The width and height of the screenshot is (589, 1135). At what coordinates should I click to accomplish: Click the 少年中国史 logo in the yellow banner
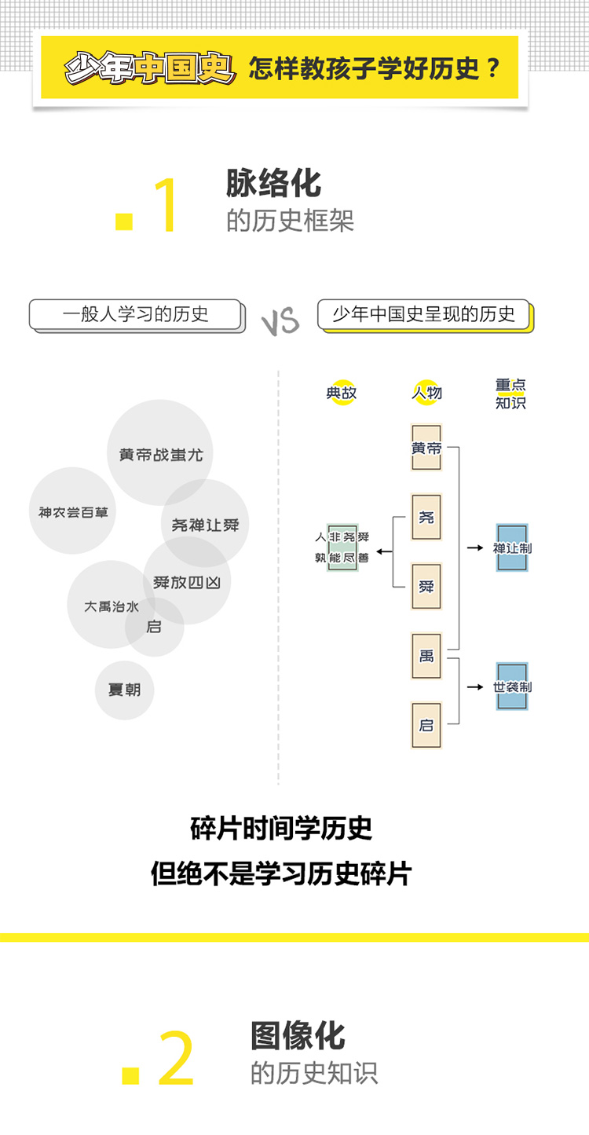pos(150,68)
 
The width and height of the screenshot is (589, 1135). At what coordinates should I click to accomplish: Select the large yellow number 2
pos(176,1058)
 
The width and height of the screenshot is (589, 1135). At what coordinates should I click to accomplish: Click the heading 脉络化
pos(273,183)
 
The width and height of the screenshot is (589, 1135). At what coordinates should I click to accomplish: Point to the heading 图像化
pos(298,1035)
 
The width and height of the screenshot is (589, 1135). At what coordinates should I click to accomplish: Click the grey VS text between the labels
pos(280,321)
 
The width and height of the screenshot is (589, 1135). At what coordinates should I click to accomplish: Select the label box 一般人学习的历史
pos(135,315)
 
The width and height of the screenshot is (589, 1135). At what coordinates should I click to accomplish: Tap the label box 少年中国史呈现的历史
pos(424,315)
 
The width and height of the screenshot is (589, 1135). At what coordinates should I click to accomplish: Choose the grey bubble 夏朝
pos(124,690)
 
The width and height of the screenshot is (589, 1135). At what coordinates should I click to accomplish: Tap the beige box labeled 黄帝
pos(426,448)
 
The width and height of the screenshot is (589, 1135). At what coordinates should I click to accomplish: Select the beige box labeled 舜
pos(426,586)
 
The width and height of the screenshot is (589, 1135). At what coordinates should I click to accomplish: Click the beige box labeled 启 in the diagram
pos(426,724)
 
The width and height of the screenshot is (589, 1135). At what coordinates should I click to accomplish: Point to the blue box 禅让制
pos(512,547)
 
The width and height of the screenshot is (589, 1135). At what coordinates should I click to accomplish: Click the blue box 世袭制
pos(512,686)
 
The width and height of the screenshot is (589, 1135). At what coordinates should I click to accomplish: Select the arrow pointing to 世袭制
pos(474,686)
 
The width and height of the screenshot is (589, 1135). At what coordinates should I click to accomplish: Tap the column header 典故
pos(342,393)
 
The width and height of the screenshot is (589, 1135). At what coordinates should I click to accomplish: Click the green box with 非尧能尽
pos(342,547)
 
